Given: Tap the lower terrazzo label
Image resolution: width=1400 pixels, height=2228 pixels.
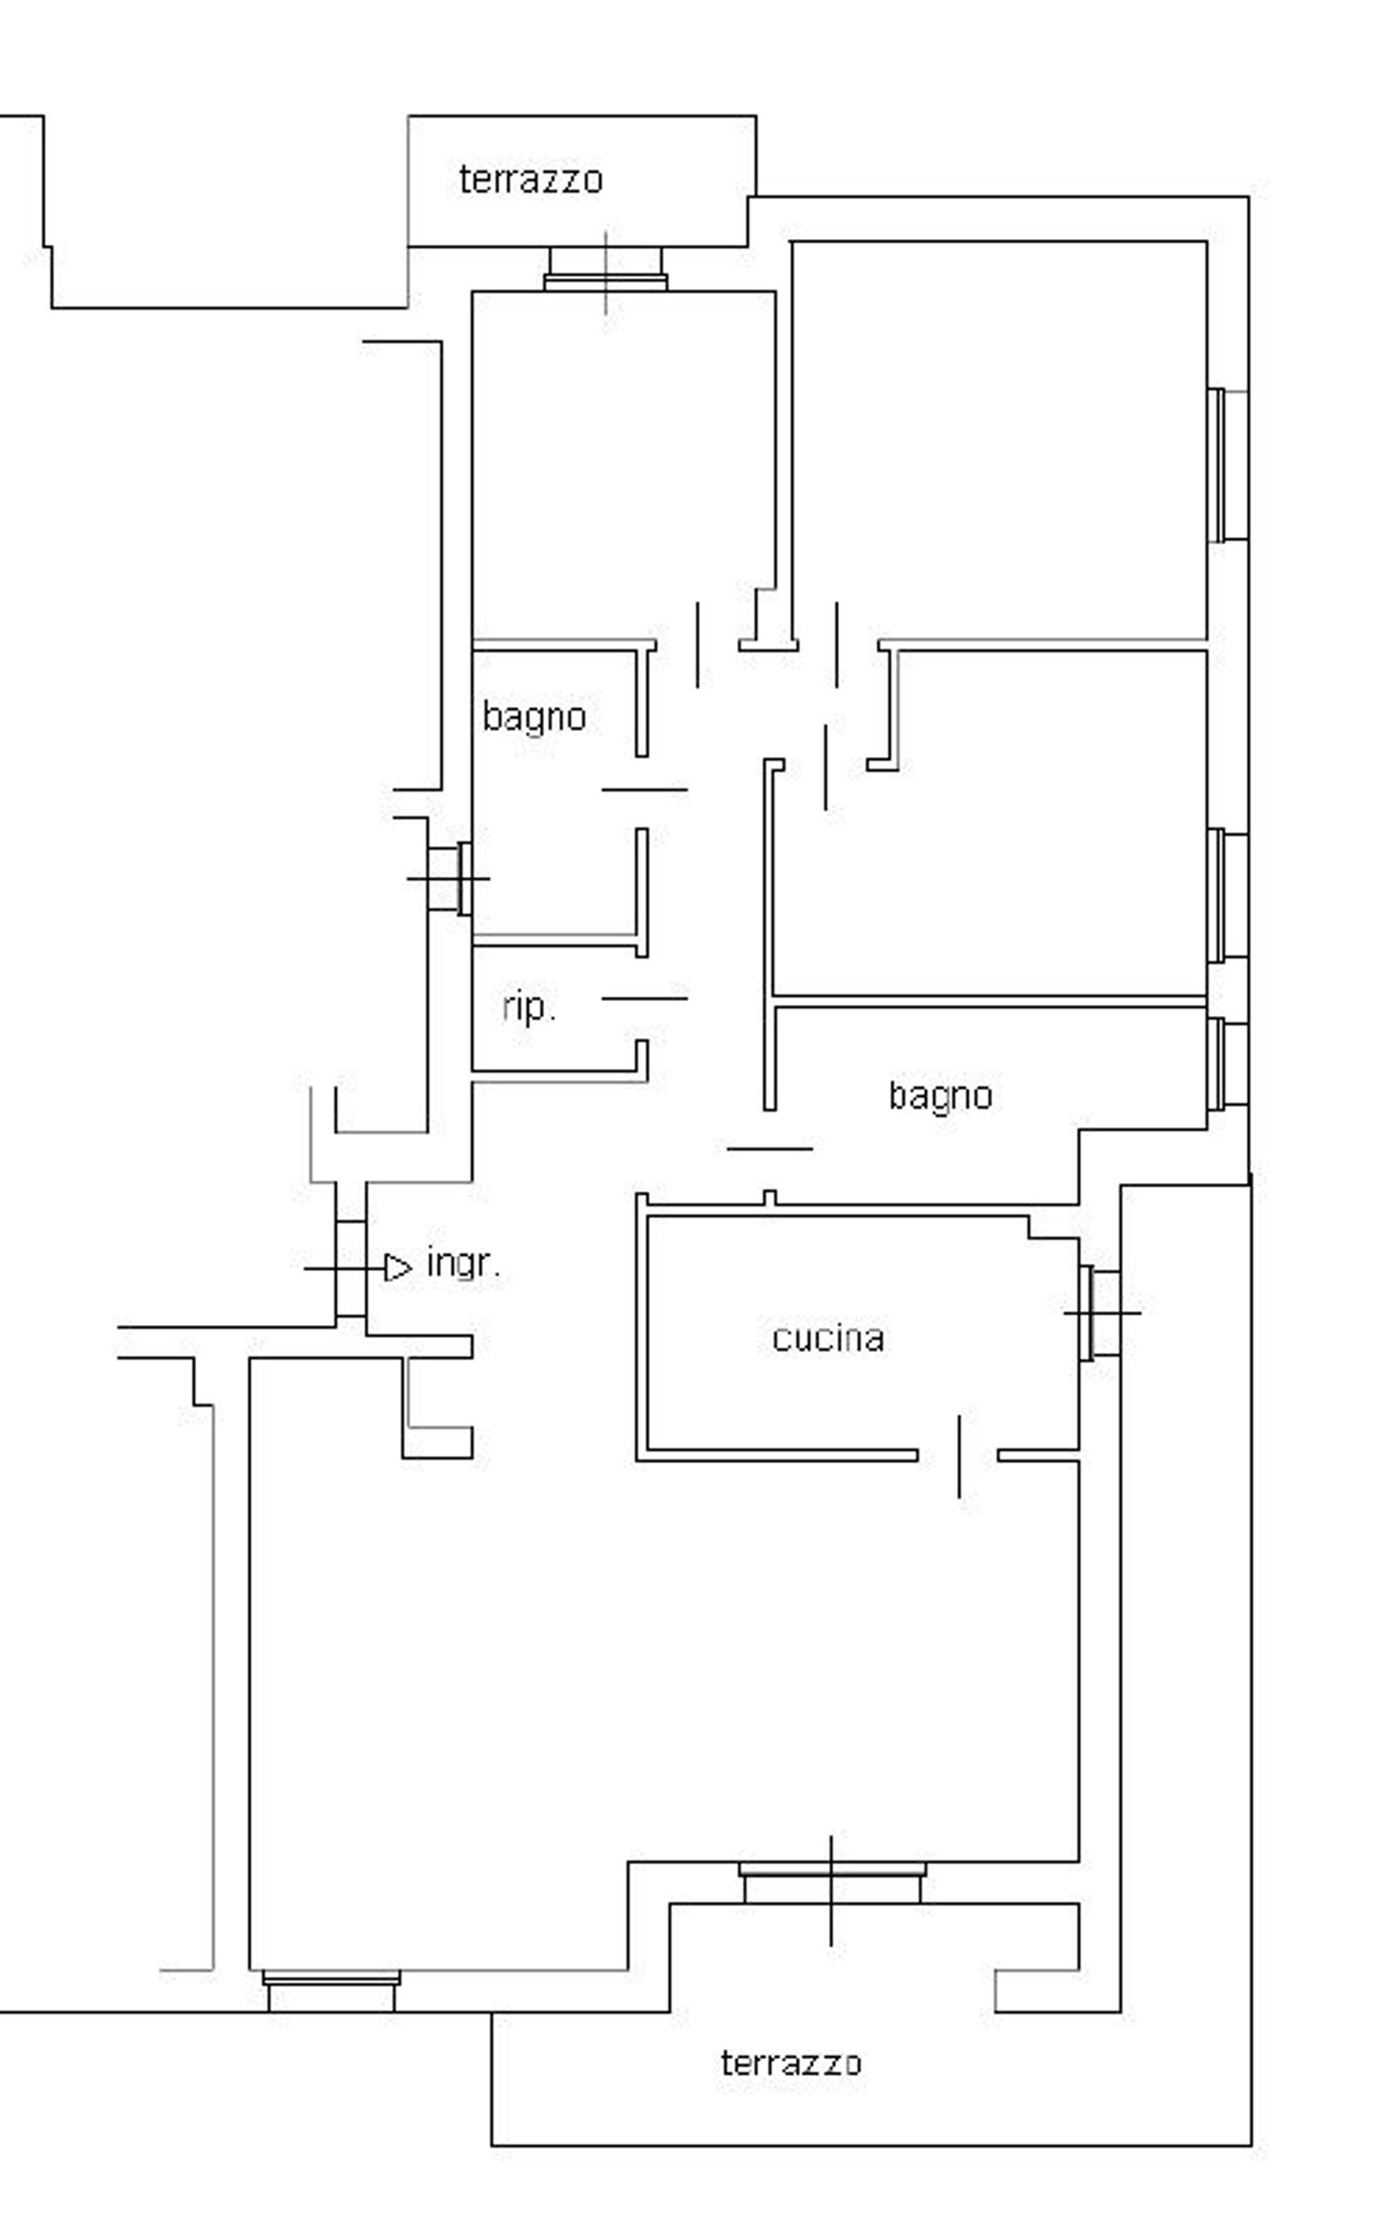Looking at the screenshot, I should click(790, 2062).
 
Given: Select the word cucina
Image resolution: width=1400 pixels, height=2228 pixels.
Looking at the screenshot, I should click(828, 1338).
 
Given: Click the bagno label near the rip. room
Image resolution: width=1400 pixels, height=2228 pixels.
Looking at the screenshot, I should click(534, 717).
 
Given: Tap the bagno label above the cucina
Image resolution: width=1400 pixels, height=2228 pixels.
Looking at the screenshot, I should click(940, 1095).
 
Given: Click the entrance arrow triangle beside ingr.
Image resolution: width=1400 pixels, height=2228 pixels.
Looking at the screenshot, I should click(399, 1268).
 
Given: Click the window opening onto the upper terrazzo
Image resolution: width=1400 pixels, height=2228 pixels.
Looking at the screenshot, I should click(606, 271).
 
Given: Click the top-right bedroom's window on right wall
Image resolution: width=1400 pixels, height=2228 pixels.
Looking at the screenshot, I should click(1227, 465).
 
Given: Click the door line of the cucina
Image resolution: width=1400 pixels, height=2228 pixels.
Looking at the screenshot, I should click(959, 1456).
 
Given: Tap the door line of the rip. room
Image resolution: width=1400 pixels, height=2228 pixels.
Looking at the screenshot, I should click(644, 998).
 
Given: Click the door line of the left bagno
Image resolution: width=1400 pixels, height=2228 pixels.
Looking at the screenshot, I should click(644, 789).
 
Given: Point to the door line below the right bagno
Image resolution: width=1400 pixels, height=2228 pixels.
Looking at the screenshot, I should click(769, 1149).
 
